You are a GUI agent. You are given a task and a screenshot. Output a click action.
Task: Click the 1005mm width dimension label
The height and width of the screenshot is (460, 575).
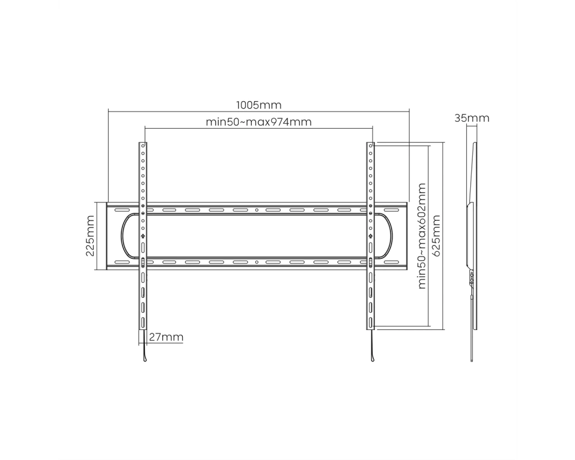(259, 105)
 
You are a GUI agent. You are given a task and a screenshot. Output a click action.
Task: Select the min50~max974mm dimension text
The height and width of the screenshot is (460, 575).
(259, 121)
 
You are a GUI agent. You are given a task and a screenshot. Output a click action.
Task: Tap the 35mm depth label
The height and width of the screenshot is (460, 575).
(471, 118)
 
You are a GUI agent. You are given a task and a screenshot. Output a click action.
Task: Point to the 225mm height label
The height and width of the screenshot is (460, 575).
(90, 236)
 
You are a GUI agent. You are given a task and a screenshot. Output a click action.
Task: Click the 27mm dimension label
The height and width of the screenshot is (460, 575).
(166, 337)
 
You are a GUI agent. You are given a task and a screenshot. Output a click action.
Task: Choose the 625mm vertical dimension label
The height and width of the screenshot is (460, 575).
(436, 236)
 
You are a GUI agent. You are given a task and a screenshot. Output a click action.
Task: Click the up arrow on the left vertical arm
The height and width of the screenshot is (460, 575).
(143, 236)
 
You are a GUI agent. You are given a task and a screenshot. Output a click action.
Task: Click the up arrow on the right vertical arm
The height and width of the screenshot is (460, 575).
(370, 236)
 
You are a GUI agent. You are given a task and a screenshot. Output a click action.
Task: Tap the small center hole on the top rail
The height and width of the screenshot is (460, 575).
(256, 210)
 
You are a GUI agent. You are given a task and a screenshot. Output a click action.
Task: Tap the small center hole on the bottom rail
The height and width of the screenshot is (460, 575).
(256, 262)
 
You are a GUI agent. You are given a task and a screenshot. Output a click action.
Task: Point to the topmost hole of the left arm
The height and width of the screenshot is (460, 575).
(143, 145)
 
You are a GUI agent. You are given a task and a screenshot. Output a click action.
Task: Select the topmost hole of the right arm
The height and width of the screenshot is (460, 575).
(370, 145)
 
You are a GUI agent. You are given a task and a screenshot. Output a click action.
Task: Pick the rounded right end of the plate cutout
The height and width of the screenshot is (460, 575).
(391, 236)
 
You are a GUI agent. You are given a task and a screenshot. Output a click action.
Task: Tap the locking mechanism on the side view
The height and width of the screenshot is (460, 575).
(471, 278)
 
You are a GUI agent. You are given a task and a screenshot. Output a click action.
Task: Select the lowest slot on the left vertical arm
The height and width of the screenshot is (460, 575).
(143, 323)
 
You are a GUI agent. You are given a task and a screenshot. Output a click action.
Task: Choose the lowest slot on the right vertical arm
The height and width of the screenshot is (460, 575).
(370, 323)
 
